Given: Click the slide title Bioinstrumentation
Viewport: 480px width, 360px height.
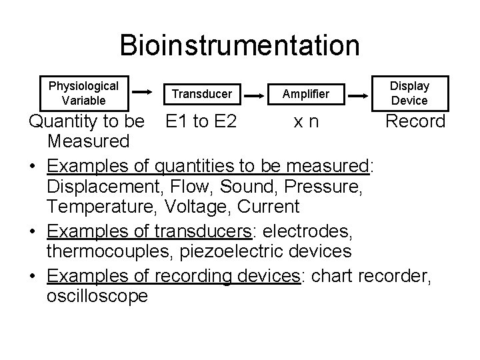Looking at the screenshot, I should pos(240,45).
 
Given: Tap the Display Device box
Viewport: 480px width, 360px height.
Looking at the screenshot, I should pos(409,93).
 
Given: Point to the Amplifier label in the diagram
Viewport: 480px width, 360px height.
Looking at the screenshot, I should pos(305,94).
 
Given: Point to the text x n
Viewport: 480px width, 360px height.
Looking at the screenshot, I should pos(307,121).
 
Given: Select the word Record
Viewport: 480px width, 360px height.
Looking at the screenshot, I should pos(416,121).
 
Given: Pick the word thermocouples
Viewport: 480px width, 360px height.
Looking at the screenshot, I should pos(108,251).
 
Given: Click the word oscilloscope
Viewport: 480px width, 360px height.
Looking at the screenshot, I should pos(97,296).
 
